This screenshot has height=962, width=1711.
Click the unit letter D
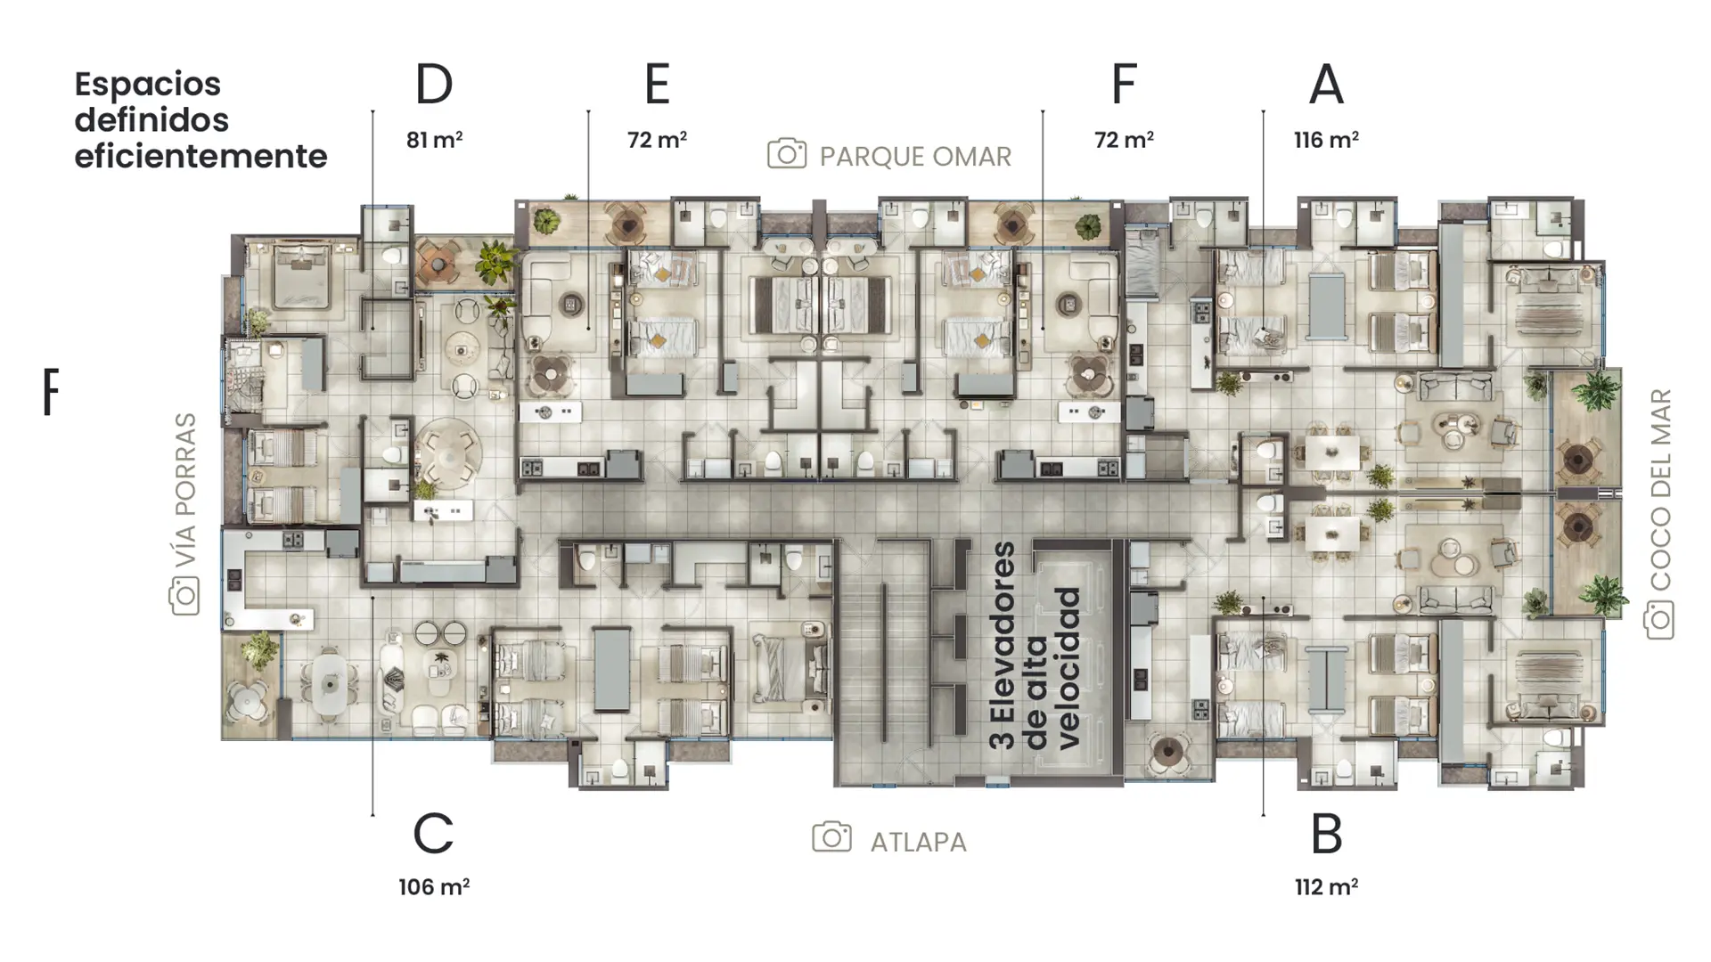(434, 85)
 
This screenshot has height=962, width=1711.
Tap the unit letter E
(657, 85)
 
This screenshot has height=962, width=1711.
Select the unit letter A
(1326, 85)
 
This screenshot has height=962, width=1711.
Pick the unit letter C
(434, 835)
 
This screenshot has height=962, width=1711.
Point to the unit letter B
(1327, 835)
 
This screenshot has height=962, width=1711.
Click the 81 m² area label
(434, 140)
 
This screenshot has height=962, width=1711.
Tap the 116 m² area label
(1326, 140)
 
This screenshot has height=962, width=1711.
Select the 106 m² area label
(434, 887)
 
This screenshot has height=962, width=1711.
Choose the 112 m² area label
(1326, 887)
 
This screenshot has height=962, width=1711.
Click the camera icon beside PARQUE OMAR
(787, 154)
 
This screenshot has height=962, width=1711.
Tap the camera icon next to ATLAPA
(831, 837)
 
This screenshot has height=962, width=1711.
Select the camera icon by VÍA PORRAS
(184, 596)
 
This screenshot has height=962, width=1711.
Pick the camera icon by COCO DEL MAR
(1659, 620)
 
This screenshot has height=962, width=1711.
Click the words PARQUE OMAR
(915, 157)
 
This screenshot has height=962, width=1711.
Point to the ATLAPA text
(918, 843)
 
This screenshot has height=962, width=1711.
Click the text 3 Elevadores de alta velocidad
(1036, 645)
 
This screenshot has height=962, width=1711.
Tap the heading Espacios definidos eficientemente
(201, 120)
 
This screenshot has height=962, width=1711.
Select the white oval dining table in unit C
(330, 685)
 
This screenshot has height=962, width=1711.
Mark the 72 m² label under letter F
(1124, 140)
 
